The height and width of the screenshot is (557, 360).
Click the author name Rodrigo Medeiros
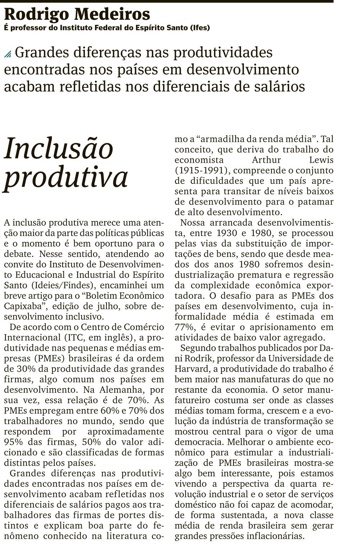[77, 14]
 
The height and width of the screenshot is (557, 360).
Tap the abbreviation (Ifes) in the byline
[200, 27]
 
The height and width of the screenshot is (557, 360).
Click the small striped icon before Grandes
[8, 54]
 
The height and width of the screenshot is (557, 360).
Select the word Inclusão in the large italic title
[59, 148]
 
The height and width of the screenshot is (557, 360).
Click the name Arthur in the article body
[266, 160]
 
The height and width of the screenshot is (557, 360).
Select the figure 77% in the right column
[183, 327]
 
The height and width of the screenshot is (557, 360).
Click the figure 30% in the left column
[25, 369]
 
